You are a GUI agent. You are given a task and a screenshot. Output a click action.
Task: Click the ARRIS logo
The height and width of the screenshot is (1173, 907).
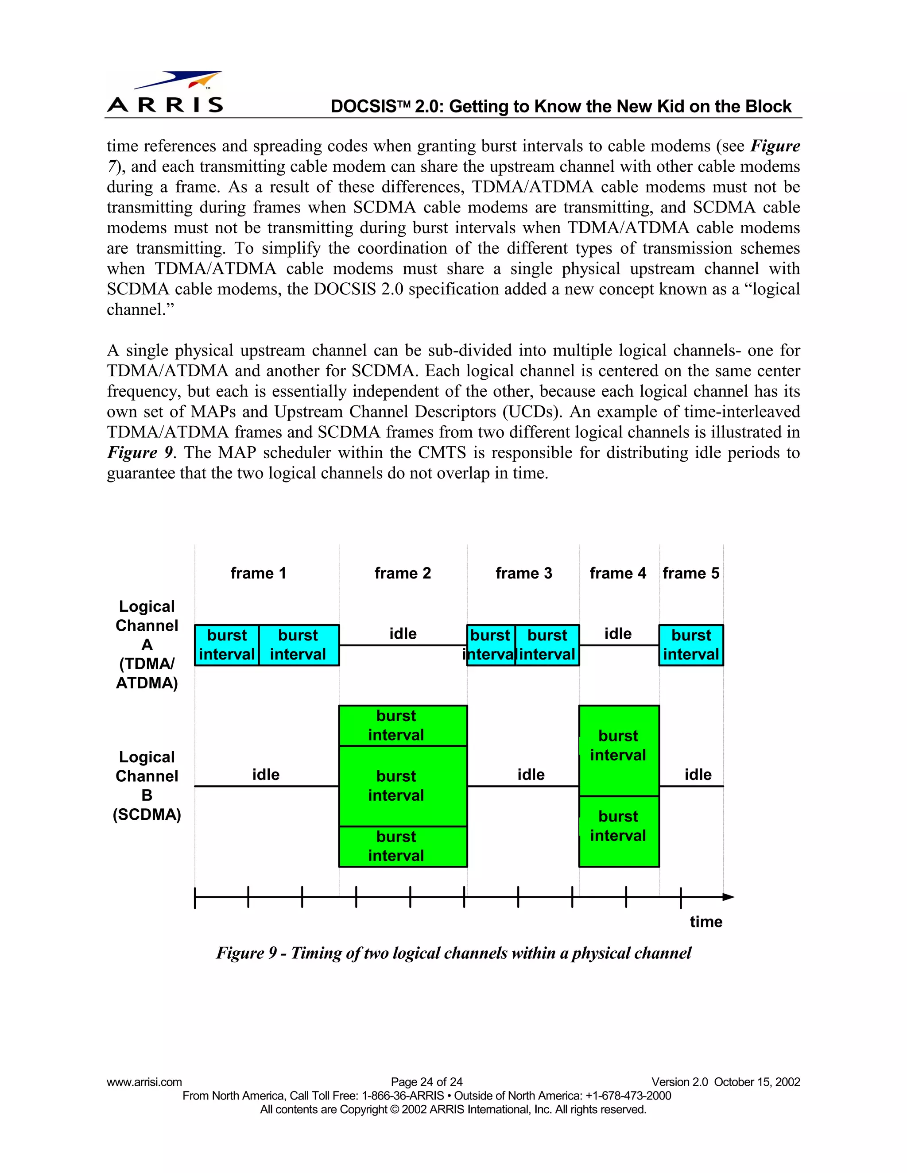click(165, 93)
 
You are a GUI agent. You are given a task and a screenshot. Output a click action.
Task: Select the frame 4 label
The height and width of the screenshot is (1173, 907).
click(617, 573)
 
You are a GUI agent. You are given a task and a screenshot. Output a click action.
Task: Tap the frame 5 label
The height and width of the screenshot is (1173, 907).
click(690, 573)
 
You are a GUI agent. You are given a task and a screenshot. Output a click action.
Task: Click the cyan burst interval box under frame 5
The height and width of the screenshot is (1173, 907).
click(691, 645)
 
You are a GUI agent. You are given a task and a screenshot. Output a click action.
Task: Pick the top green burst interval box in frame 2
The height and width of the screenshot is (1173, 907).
click(403, 725)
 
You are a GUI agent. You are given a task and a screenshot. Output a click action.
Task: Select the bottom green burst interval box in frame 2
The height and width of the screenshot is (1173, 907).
click(403, 846)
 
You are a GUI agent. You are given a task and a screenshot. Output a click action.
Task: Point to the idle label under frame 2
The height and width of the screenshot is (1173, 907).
click(403, 634)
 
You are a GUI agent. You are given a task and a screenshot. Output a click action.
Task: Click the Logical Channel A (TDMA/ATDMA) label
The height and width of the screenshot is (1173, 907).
click(147, 644)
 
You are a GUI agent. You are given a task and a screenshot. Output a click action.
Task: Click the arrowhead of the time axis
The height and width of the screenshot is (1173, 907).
click(729, 897)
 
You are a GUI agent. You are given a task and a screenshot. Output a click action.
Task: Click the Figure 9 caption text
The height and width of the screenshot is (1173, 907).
click(453, 953)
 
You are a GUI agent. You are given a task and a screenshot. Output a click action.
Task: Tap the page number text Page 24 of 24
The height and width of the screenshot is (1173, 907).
click(426, 1082)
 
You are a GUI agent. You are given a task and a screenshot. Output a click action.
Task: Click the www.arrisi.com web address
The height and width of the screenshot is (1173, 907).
click(144, 1082)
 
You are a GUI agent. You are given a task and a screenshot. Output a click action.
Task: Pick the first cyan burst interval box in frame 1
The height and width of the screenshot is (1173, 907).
click(226, 645)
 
